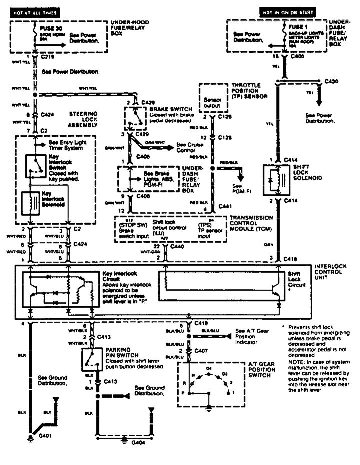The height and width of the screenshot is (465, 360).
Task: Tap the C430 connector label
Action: click(331, 81)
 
